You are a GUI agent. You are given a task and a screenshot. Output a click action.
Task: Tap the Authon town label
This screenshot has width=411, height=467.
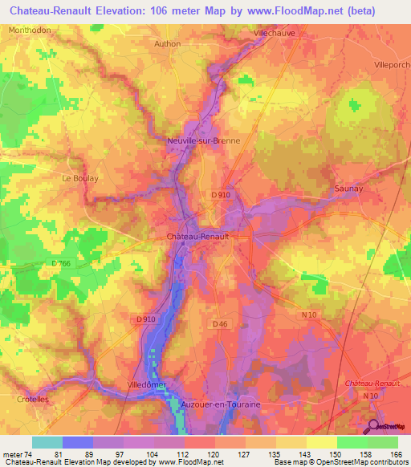pyautogui.click(x=167, y=44)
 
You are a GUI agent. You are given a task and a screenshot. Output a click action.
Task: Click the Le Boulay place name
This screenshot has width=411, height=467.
pyautogui.click(x=79, y=179)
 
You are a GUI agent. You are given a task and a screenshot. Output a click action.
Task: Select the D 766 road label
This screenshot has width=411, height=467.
pyautogui.click(x=61, y=264)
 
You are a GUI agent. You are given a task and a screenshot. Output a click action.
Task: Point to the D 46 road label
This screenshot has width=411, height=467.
pyautogui.click(x=222, y=323)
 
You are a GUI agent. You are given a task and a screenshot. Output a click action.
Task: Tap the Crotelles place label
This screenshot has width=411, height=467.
pyautogui.click(x=33, y=399)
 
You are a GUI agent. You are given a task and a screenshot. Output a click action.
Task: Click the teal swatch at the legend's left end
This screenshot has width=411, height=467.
pyautogui.click(x=47, y=441)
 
